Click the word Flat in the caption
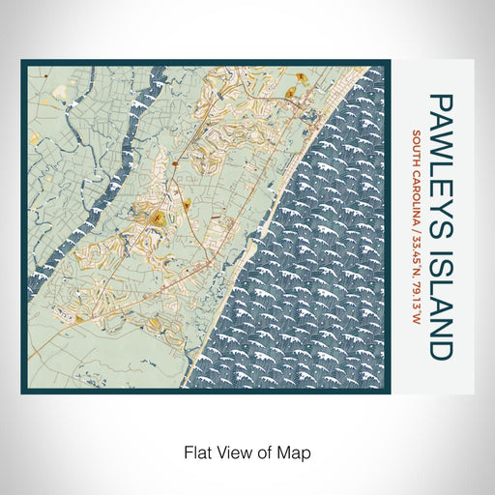pyautogui.click(x=195, y=451)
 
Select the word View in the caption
pyautogui.click(x=234, y=451)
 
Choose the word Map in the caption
pyautogui.click(x=295, y=451)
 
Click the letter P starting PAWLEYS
pyautogui.click(x=439, y=102)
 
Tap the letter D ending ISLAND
pyautogui.click(x=439, y=350)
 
